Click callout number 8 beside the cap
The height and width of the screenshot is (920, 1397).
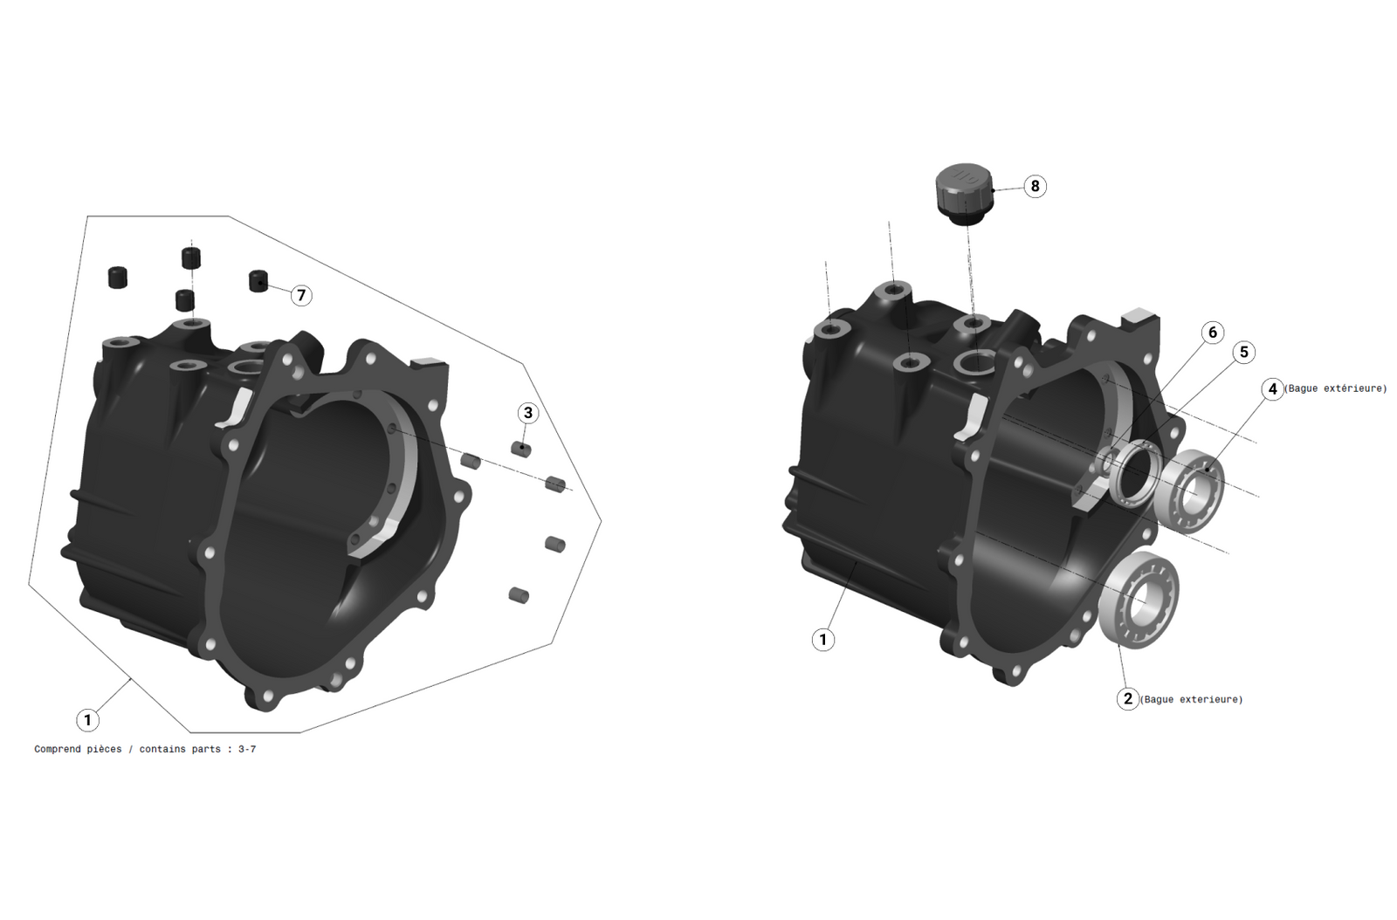point(1035,186)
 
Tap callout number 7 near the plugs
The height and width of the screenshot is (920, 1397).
point(301,295)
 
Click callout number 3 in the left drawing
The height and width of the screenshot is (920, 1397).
point(526,413)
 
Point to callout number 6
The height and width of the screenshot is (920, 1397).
point(1212,333)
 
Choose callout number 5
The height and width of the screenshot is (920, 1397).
point(1243,352)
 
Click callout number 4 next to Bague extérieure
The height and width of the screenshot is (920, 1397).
point(1272,388)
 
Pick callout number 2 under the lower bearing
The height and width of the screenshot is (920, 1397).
point(1127,698)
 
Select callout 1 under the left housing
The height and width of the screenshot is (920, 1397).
point(87,720)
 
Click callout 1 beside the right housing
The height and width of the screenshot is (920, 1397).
point(822,640)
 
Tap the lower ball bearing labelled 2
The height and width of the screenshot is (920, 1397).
point(1142,598)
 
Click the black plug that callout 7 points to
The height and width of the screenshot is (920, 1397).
point(258,281)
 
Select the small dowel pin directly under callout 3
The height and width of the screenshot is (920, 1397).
point(521,449)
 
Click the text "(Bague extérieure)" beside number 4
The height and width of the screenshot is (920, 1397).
point(1335,388)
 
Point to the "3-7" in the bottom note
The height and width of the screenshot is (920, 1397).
point(247,749)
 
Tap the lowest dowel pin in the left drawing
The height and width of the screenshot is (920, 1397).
point(519,595)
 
